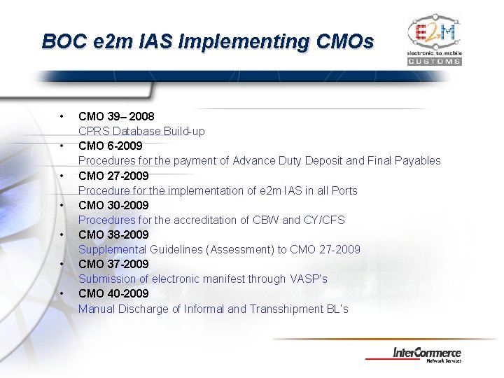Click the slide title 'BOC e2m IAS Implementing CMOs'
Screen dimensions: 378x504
(x=208, y=41)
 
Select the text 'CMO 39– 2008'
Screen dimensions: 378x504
(x=116, y=116)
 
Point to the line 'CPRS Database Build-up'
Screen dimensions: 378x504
(x=141, y=131)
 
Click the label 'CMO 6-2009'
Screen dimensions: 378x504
(x=110, y=146)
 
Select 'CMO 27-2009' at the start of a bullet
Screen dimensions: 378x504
(x=113, y=176)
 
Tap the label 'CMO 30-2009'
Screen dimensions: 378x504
(x=113, y=205)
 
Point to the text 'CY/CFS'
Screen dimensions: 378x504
(x=324, y=220)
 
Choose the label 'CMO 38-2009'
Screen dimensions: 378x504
(x=113, y=234)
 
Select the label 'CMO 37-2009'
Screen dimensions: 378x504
(x=113, y=264)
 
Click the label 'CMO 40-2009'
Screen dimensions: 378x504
(x=113, y=293)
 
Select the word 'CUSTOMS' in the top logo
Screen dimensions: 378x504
(x=434, y=61)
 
